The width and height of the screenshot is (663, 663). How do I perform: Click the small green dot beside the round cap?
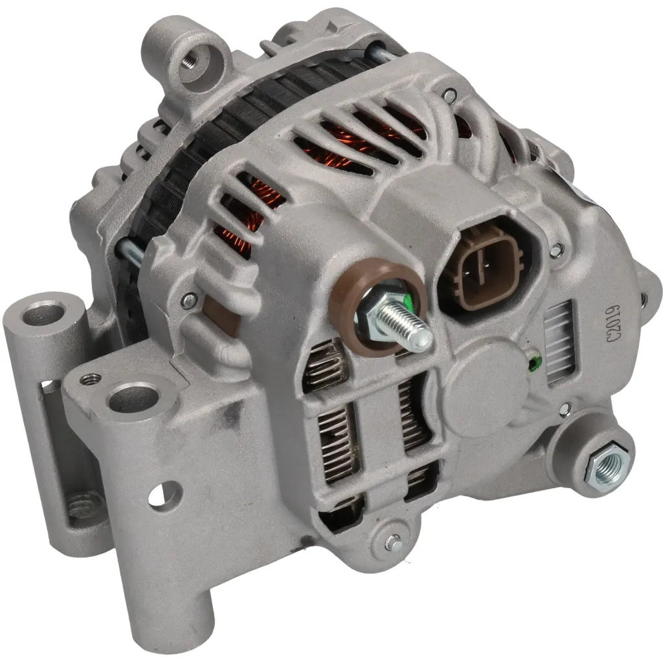pos(535,364)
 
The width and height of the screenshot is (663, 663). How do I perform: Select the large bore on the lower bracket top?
pos(132,397)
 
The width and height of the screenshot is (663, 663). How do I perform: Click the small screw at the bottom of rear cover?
pos(392,541)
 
